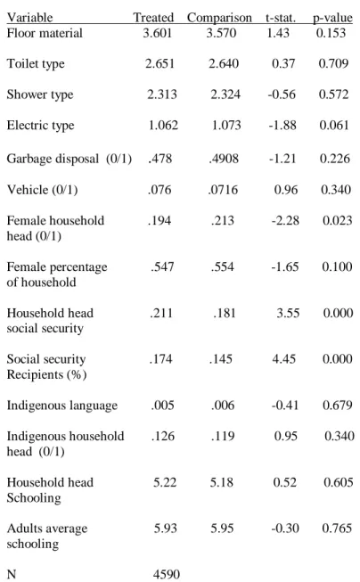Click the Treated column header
click(x=153, y=17)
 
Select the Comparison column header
click(x=219, y=18)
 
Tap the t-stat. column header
click(x=281, y=18)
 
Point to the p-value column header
click(x=332, y=18)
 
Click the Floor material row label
click(x=45, y=33)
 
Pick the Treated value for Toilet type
click(x=160, y=63)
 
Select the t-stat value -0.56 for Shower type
click(x=282, y=94)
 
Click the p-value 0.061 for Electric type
click(x=334, y=125)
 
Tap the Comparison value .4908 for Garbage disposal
click(x=224, y=159)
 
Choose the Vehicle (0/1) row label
click(x=42, y=190)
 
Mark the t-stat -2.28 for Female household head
click(x=285, y=220)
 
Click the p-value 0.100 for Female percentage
click(x=337, y=266)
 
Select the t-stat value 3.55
click(x=288, y=313)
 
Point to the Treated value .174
click(x=160, y=359)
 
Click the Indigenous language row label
click(x=62, y=406)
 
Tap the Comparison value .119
click(x=223, y=436)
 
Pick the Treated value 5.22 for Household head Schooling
click(x=165, y=482)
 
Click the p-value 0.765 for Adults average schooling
click(x=337, y=528)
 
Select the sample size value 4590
click(x=167, y=574)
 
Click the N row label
click(x=12, y=574)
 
